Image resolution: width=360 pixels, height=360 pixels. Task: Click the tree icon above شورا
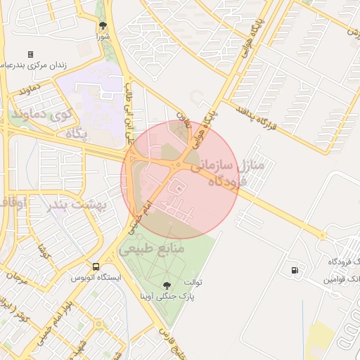coord(103,25)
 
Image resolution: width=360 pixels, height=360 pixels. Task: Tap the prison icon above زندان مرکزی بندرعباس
coord(30,54)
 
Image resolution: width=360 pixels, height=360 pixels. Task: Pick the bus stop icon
coord(96,266)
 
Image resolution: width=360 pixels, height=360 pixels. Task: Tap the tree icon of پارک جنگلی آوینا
coord(167,285)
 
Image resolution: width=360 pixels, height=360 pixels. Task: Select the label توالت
coord(193,283)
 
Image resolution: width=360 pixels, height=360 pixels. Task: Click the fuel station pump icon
coord(293,269)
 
